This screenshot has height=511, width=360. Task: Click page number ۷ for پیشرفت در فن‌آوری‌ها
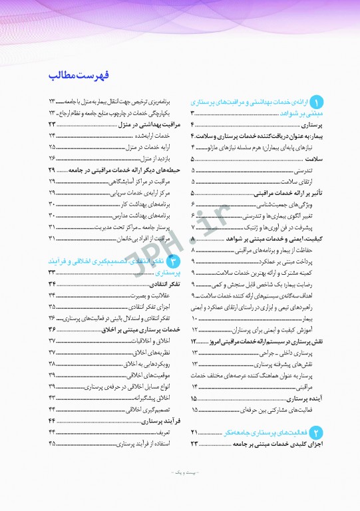point(193,227)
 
